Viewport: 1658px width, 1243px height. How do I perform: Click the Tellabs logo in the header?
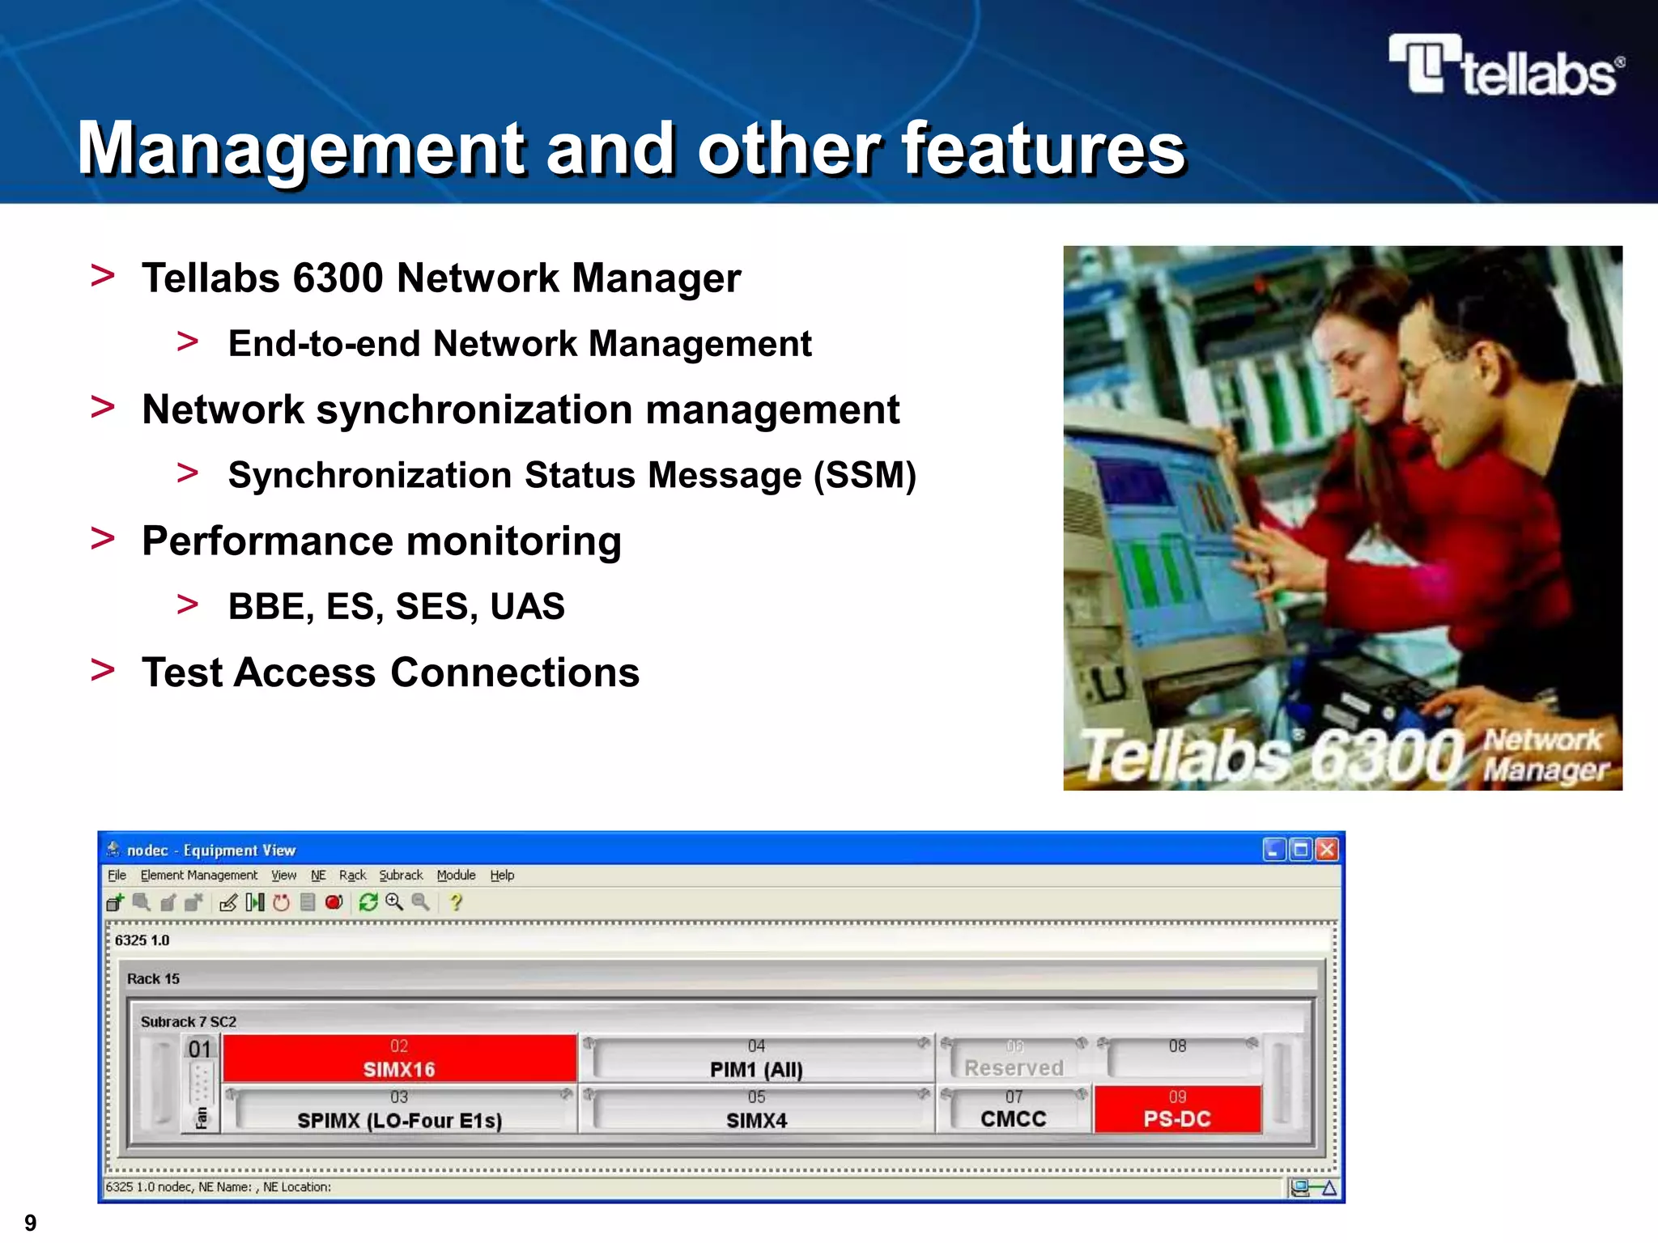click(1506, 66)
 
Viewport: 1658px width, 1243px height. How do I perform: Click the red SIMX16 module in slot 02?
click(399, 1059)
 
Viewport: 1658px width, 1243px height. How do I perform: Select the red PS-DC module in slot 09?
click(1177, 1109)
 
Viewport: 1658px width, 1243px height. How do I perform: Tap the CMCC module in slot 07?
click(1014, 1110)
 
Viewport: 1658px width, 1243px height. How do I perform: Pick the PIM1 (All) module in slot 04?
click(756, 1060)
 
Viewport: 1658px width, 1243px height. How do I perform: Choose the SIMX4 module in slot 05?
click(756, 1111)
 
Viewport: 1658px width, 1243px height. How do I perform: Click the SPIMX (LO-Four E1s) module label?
click(399, 1121)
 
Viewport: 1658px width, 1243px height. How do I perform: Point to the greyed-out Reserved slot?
click(1014, 1067)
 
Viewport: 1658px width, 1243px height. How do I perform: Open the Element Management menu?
click(198, 876)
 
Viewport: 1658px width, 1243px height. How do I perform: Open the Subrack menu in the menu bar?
click(401, 876)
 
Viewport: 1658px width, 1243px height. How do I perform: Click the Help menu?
click(502, 876)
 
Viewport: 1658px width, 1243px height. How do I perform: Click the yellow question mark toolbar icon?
click(456, 902)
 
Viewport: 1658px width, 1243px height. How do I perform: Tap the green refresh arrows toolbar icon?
click(368, 902)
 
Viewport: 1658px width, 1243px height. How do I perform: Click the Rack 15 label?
click(153, 979)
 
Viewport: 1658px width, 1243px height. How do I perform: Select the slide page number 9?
click(31, 1222)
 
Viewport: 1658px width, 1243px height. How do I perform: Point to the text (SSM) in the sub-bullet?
click(865, 476)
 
